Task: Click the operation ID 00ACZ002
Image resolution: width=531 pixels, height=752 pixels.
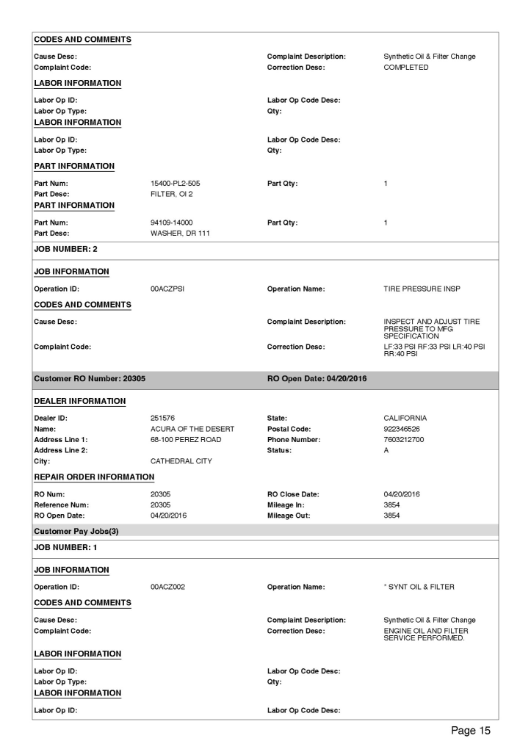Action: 168,588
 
